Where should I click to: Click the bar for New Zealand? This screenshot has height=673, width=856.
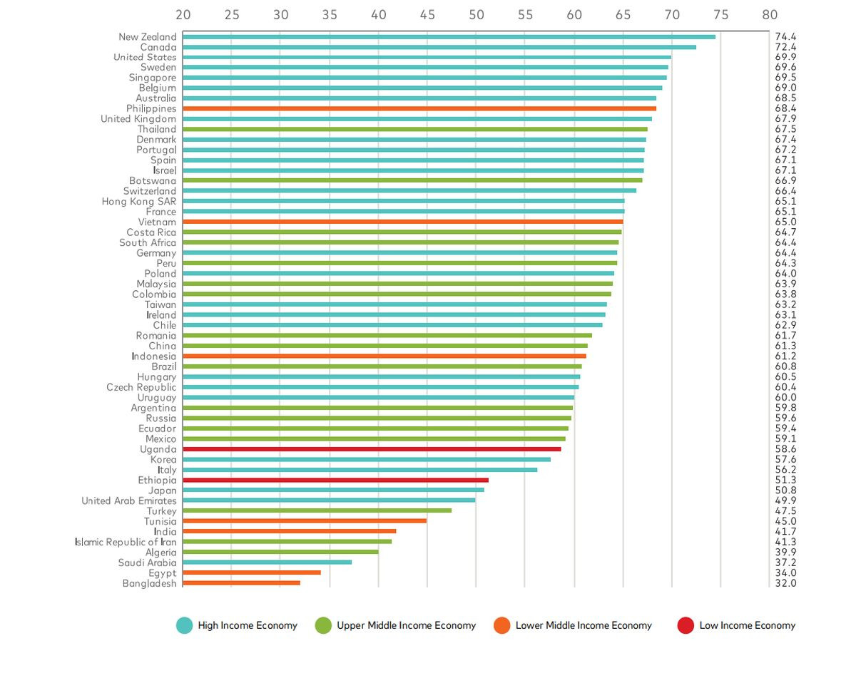tap(449, 36)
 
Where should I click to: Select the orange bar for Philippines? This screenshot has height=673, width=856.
tap(419, 108)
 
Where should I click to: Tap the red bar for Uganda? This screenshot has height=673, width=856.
tap(372, 449)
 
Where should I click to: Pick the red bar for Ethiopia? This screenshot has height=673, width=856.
tap(335, 481)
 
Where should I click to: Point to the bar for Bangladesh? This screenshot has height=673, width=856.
tap(241, 583)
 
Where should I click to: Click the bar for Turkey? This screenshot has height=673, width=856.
tap(317, 511)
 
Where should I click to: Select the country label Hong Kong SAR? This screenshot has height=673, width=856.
tap(138, 202)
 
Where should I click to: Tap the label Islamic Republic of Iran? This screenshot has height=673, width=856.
tap(126, 542)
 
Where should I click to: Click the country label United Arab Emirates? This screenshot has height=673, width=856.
tap(128, 501)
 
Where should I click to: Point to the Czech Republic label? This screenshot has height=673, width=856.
tap(141, 387)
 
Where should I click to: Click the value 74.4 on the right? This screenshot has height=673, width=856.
tap(785, 36)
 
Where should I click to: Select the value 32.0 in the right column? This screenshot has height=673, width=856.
tap(785, 583)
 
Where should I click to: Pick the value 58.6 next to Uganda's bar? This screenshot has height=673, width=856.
tap(785, 449)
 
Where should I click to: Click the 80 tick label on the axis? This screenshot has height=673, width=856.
tap(770, 14)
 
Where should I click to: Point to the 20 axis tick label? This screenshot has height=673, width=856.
tap(183, 14)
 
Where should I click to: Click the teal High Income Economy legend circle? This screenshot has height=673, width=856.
tap(185, 625)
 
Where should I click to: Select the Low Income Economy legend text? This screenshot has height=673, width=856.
tap(747, 625)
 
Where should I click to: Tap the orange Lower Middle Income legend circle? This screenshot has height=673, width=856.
tap(502, 625)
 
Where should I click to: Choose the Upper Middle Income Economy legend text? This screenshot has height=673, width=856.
tap(406, 625)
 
